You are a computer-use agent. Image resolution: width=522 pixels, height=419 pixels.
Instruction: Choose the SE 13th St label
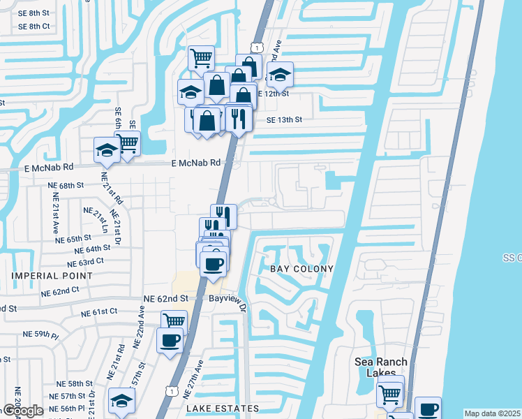point(284,119)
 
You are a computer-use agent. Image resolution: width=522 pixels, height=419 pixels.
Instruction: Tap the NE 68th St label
point(66,186)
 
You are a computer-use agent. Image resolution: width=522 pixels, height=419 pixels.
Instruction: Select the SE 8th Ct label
point(34,27)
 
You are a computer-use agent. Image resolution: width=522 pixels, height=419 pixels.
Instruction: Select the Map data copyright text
point(493,413)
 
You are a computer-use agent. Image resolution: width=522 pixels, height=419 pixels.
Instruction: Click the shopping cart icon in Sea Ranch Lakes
point(390,393)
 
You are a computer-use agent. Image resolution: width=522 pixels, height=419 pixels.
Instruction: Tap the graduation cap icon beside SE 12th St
point(280,74)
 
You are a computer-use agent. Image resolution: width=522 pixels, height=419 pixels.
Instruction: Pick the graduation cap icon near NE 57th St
point(121,401)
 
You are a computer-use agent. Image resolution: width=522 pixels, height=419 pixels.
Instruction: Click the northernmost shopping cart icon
point(201,57)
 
